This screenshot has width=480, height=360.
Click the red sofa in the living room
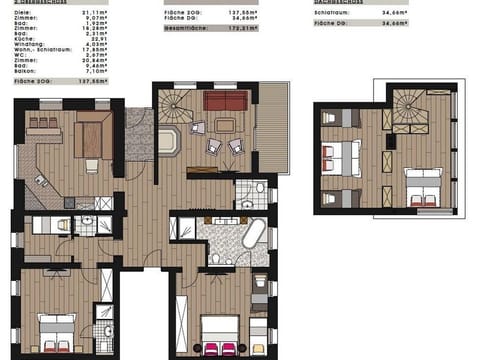click(x=226, y=100)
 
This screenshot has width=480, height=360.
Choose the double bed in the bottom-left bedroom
click(x=57, y=331)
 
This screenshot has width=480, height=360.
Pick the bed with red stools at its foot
click(x=218, y=334)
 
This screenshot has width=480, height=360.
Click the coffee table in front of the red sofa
click(x=225, y=124)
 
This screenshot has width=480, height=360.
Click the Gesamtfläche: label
click(x=185, y=29)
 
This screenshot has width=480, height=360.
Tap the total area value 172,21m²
click(x=238, y=29)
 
